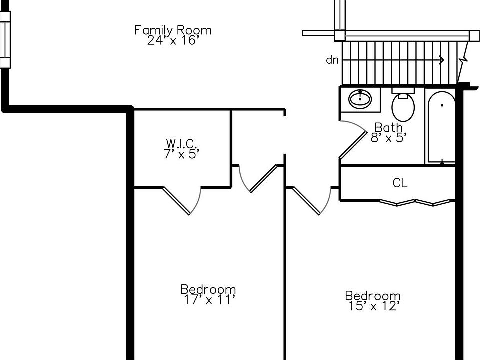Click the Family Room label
(x=173, y=30)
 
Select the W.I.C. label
(x=181, y=143)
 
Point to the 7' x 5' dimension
(x=181, y=154)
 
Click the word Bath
(x=389, y=127)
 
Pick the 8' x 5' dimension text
(x=389, y=138)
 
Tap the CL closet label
(x=400, y=183)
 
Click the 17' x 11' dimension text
(x=209, y=299)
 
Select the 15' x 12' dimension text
(x=373, y=306)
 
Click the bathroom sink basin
(x=360, y=99)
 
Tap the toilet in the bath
(x=403, y=105)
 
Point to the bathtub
(x=441, y=127)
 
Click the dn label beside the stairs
(x=332, y=60)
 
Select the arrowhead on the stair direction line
(x=441, y=60)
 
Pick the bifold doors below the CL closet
(x=417, y=202)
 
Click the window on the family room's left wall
(x=5, y=40)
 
